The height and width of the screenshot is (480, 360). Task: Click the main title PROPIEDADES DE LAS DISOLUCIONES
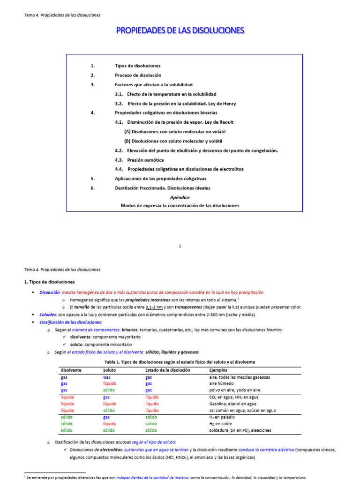pos(180,30)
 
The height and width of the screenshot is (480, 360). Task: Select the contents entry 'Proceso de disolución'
pos(138,75)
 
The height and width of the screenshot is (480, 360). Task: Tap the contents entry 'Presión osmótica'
pos(145,160)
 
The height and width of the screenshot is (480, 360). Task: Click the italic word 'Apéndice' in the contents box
pos(180,197)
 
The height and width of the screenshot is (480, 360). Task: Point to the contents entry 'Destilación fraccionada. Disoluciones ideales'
pos(163,188)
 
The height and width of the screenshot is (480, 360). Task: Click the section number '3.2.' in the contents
pos(119,104)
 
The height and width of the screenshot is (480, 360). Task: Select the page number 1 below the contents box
pos(180,246)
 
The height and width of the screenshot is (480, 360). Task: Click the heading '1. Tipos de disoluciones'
pos(49,282)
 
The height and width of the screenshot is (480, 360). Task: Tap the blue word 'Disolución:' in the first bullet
pos(50,292)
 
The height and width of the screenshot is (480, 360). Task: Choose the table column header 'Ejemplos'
pos(218,370)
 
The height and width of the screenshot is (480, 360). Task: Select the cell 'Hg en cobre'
pos(221,423)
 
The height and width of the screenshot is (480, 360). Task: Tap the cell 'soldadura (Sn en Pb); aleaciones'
pos(240,430)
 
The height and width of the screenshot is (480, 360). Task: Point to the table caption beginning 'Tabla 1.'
pos(180,362)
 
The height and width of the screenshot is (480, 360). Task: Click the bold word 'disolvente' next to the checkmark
pos(81,337)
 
